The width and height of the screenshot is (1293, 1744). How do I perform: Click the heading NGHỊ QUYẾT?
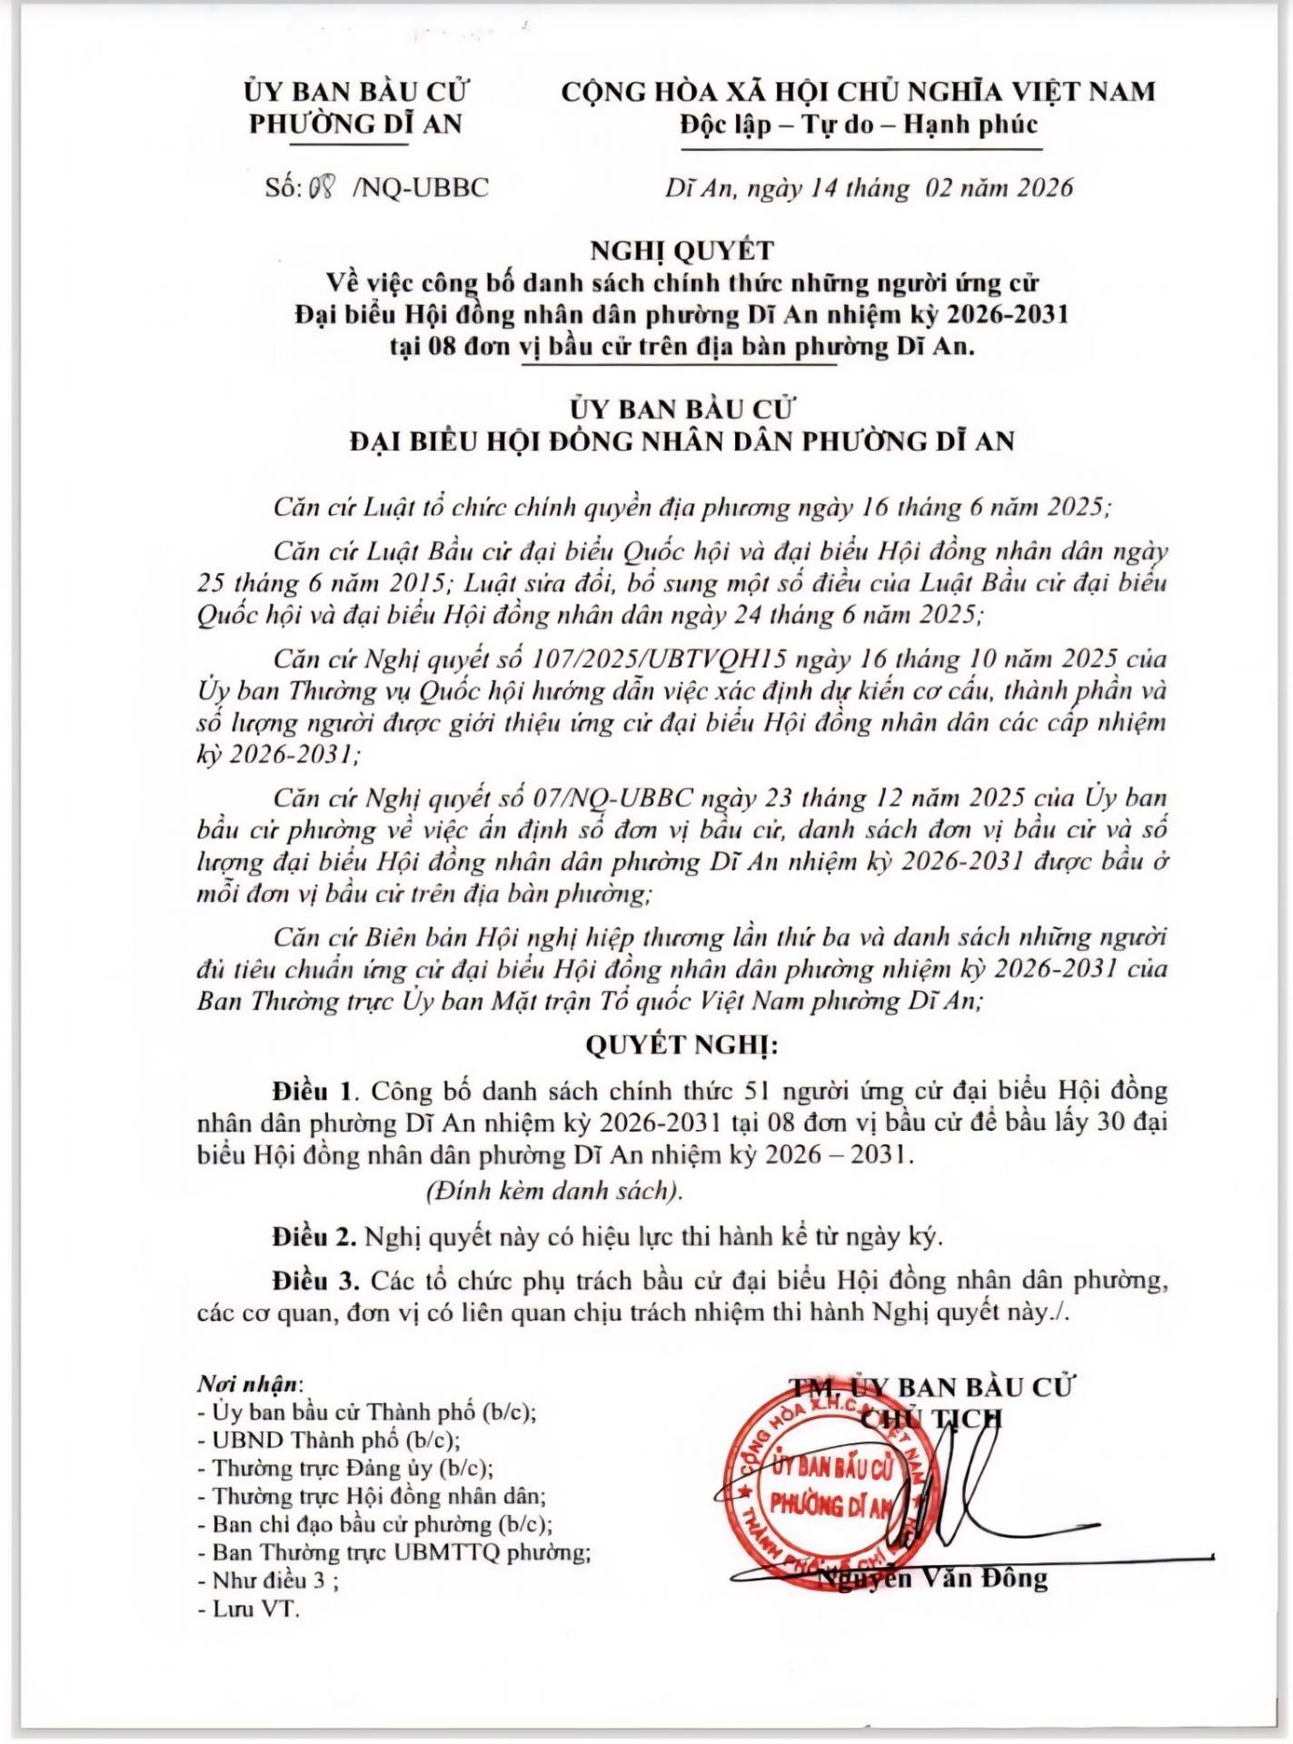681,251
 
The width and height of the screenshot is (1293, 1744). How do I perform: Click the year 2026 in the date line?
1045,188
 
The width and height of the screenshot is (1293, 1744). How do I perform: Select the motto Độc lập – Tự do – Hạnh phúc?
859,124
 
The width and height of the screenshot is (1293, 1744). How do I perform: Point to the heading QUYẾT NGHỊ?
681,1045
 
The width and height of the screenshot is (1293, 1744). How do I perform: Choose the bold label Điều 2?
313,1236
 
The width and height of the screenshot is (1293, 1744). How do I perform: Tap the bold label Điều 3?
313,1281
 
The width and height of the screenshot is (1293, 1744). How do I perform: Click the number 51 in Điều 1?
759,1091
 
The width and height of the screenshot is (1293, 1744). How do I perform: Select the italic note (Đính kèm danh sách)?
554,1190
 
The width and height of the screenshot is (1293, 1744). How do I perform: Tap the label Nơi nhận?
248,1383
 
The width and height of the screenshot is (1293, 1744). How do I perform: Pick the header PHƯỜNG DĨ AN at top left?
355,124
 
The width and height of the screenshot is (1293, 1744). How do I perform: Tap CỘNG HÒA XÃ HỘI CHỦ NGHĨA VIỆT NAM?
859,92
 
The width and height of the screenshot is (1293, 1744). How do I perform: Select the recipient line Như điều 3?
268,1580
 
